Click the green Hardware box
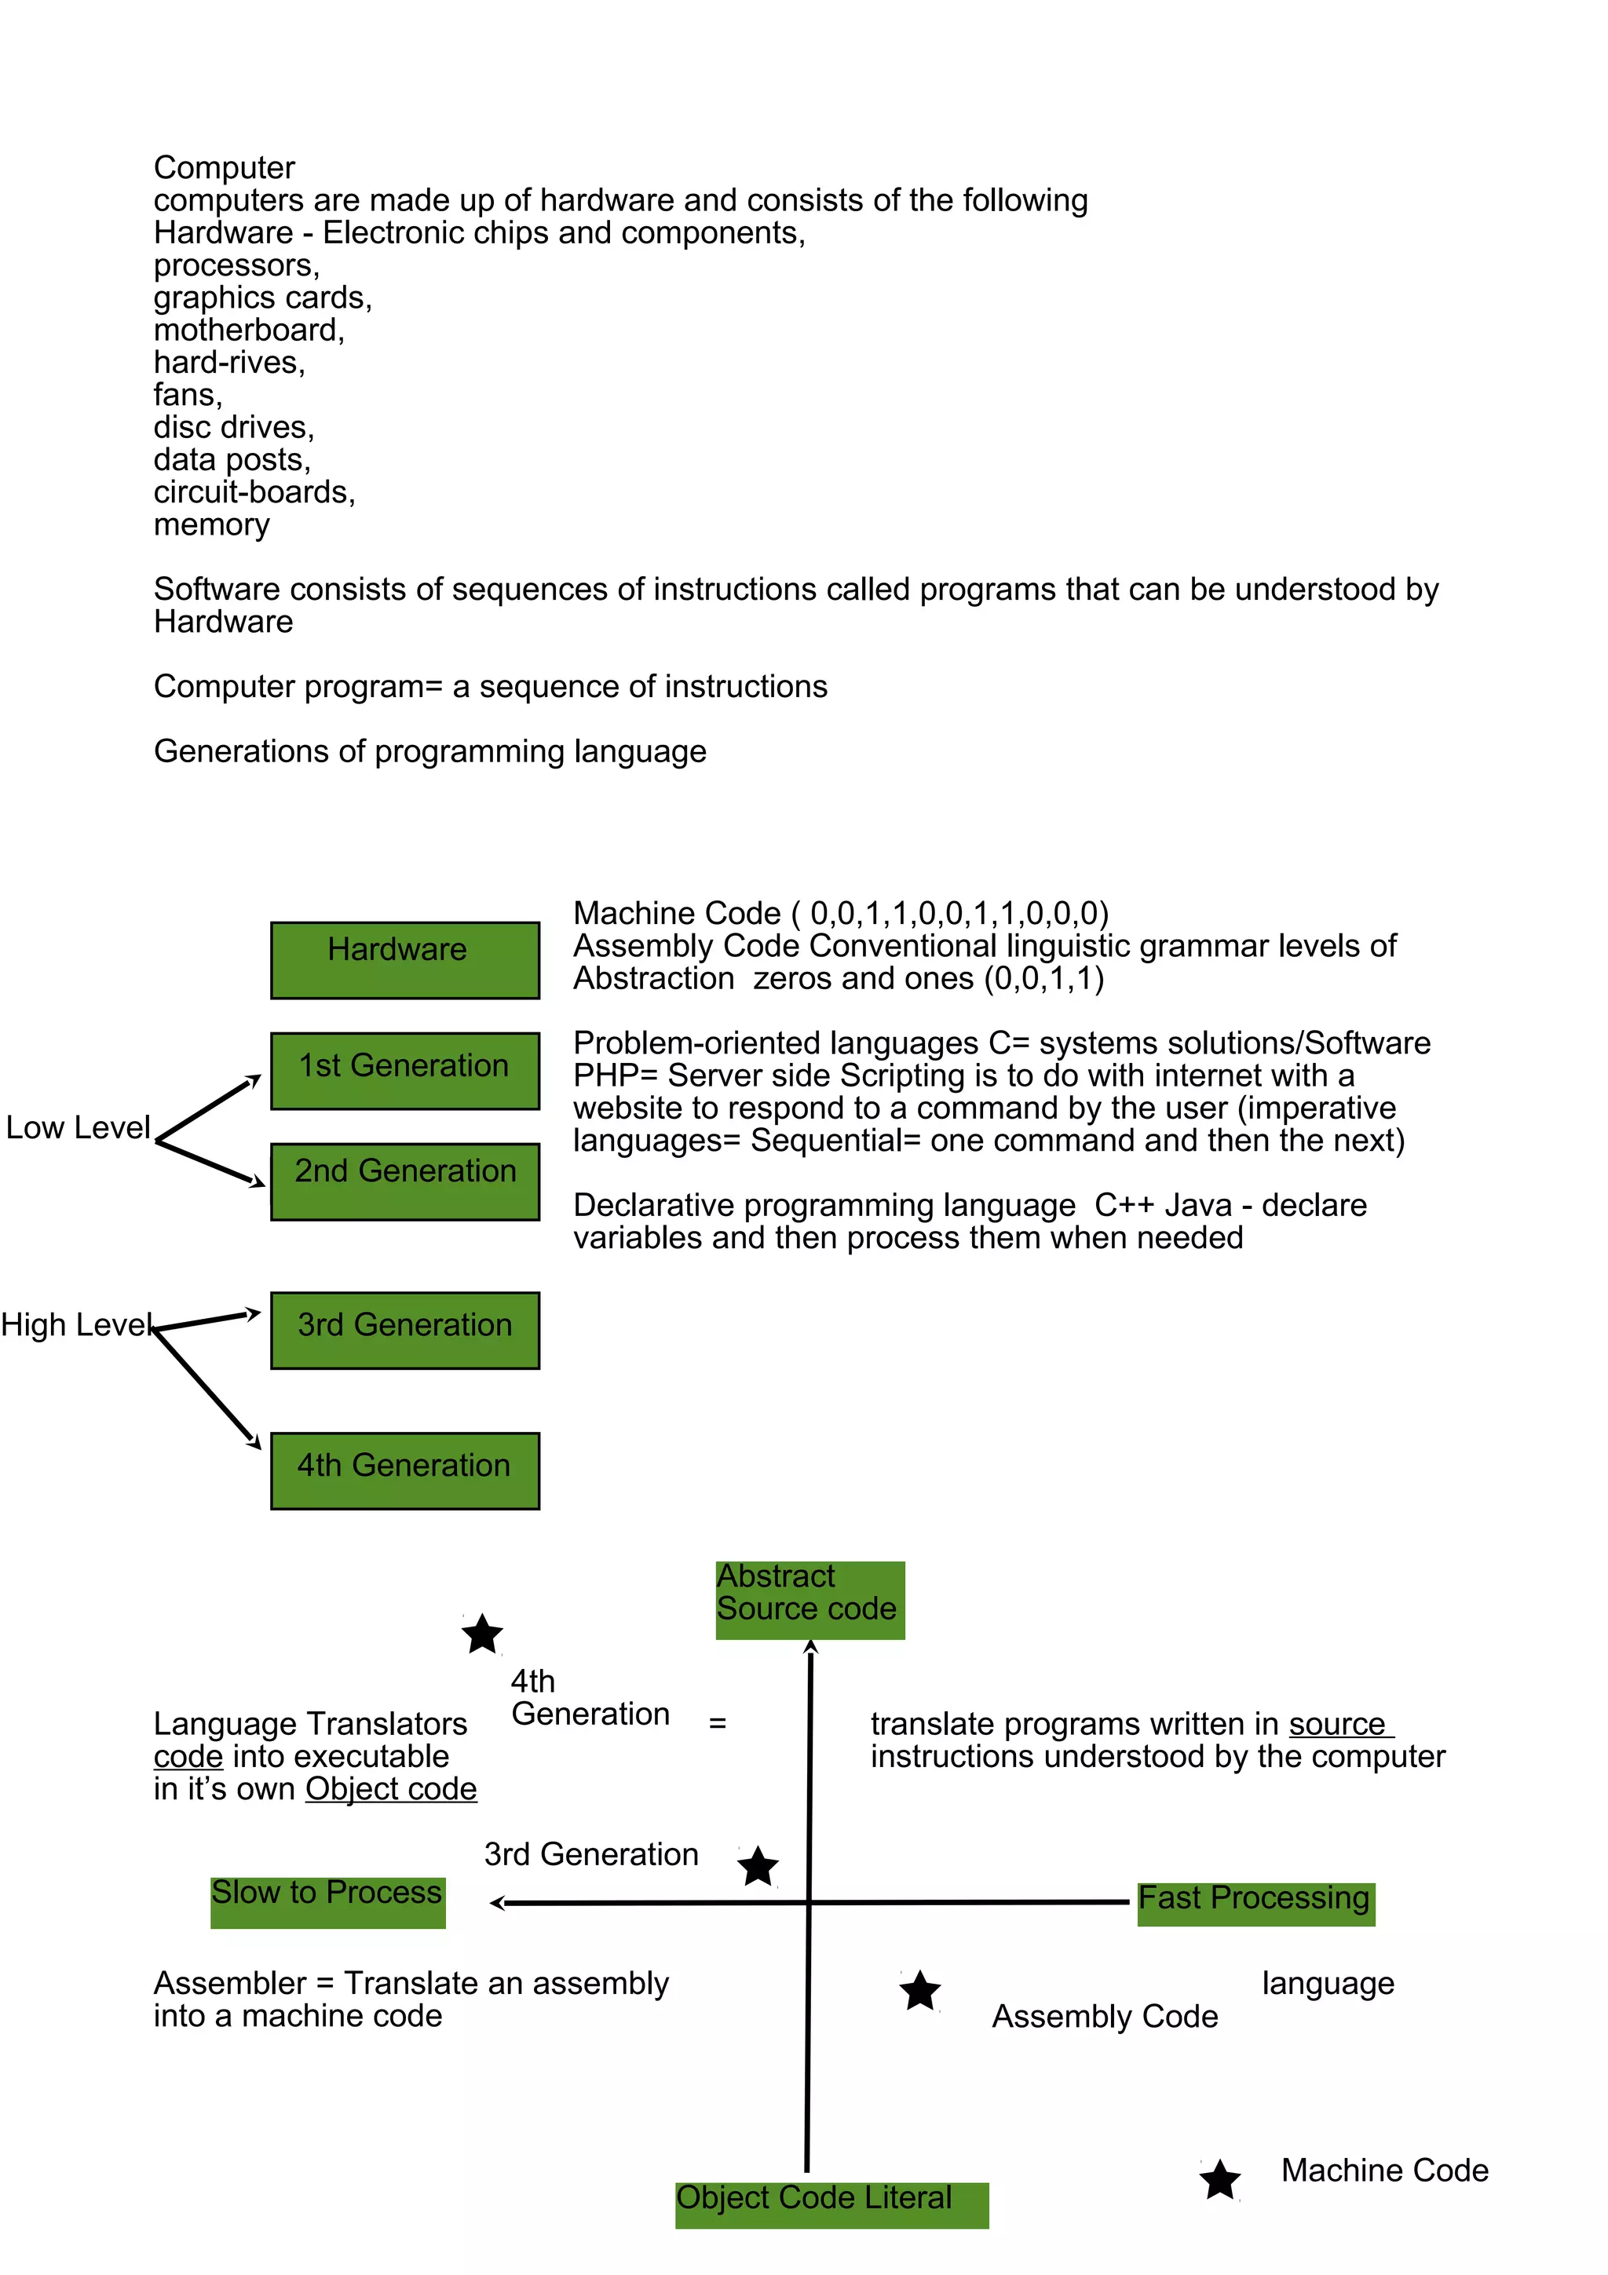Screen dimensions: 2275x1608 tap(404, 959)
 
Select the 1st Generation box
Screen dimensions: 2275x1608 tap(404, 1070)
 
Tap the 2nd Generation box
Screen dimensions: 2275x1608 tap(404, 1181)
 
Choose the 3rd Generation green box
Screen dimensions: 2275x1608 tap(404, 1330)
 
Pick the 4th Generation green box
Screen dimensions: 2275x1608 tap(404, 1470)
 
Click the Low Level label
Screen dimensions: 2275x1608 tap(77, 1127)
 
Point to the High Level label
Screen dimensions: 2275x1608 tap(75, 1325)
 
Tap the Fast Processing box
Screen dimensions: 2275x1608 tap(1255, 1904)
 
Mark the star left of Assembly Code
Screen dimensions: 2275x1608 tap(920, 1991)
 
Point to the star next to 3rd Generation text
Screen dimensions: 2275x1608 tap(759, 1867)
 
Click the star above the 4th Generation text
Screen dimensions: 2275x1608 tap(483, 1635)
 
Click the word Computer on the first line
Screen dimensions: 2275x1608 tap(224, 167)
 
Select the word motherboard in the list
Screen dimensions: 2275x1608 tap(247, 330)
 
